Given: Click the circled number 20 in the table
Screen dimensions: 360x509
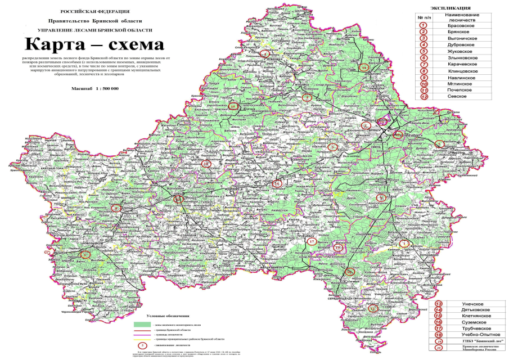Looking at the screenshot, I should coord(439,350).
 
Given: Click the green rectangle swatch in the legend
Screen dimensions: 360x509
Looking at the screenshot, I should coord(142,325).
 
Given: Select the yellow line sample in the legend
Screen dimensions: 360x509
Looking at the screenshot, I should coord(142,339).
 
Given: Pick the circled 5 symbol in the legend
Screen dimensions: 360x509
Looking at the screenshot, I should coord(142,345).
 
